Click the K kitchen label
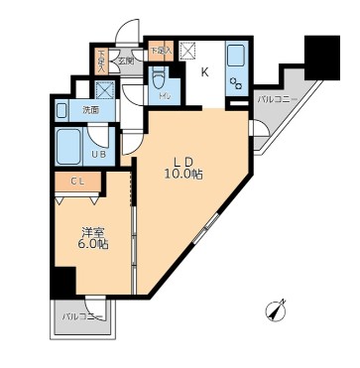(x=205, y=71)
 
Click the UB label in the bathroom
(x=100, y=154)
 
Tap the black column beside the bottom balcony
(x=61, y=282)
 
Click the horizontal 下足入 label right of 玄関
(x=160, y=49)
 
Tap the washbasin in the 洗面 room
(x=61, y=109)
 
